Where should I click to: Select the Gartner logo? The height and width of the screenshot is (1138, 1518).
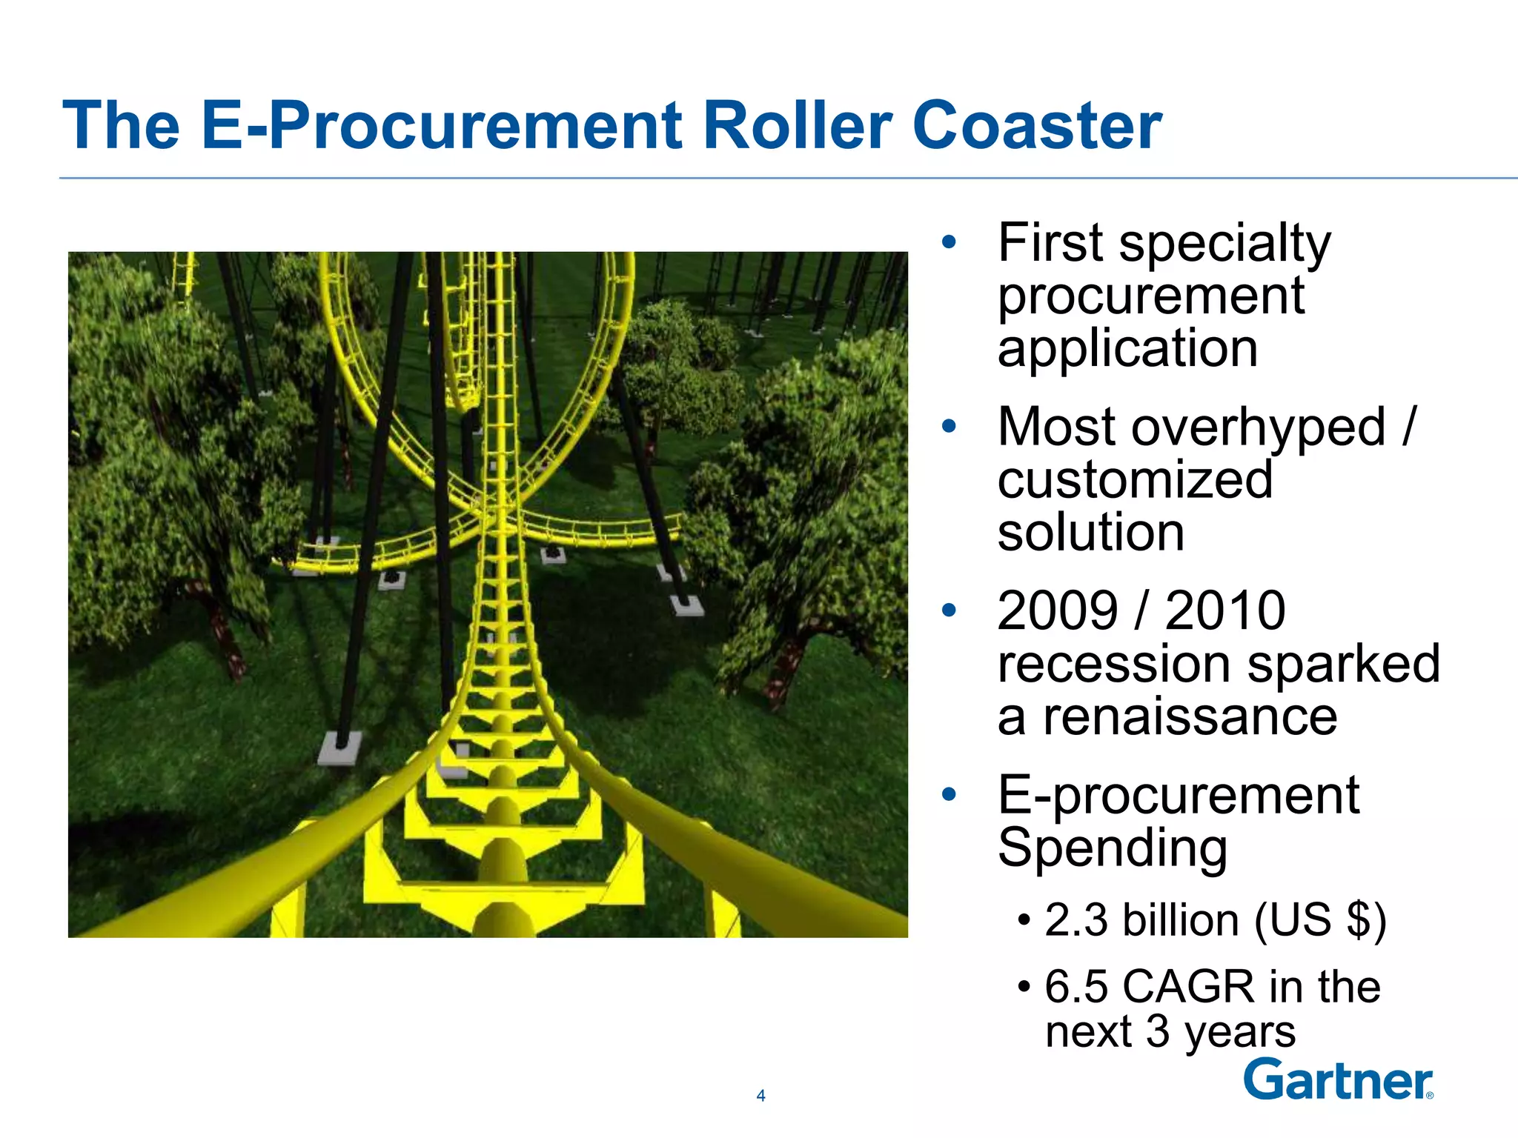pos(1337,1080)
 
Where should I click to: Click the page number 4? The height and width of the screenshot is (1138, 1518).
pos(760,1096)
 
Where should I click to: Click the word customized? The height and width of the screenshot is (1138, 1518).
pos(1135,480)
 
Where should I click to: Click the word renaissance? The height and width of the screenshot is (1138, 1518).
pos(1190,716)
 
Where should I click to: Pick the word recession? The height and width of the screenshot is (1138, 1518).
pos(1116,664)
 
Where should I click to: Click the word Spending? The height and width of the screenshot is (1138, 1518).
pos(1112,848)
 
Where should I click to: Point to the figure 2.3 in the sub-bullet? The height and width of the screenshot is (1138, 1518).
pos(1076,920)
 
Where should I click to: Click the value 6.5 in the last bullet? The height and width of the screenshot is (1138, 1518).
pos(1076,987)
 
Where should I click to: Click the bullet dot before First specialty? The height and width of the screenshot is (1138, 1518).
pos(949,242)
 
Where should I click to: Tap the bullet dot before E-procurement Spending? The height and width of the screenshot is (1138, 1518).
pos(949,795)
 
